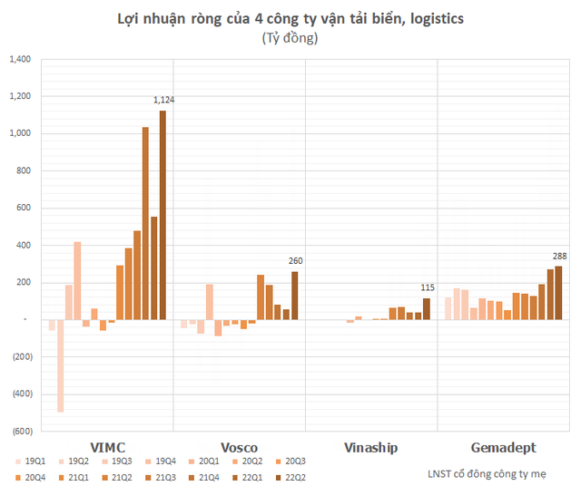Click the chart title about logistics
[x=290, y=18]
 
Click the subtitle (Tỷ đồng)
[x=290, y=39]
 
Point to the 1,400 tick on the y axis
[x=19, y=60]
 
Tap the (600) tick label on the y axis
[x=19, y=432]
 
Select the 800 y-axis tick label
[x=22, y=171]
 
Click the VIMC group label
[x=107, y=448]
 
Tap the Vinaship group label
[x=371, y=448]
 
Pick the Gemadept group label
[x=504, y=448]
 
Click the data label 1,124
[x=163, y=101]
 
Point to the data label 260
[x=295, y=262]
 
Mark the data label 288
[x=558, y=257]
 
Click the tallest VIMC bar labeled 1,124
[x=163, y=215]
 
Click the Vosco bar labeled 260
[x=295, y=296]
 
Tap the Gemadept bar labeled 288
[x=558, y=293]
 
